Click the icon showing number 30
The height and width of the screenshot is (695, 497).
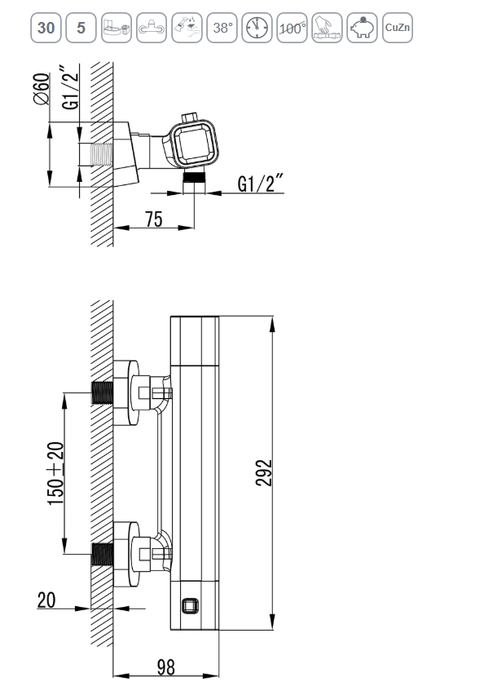point(46,28)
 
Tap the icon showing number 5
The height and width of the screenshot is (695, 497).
point(81,28)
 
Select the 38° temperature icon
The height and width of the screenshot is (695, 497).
point(222,28)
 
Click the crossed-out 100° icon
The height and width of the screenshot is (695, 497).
point(292,28)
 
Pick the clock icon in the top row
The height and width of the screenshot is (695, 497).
point(257,28)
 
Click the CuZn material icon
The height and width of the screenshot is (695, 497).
point(397,28)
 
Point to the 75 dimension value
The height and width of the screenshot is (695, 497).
point(153,219)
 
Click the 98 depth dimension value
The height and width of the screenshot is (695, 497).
point(165,666)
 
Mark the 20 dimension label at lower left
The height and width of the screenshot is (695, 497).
point(46,600)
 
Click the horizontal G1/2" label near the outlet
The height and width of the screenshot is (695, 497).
point(260,184)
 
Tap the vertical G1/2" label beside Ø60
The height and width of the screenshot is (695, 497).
point(72,89)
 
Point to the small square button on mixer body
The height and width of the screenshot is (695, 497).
point(190,607)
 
